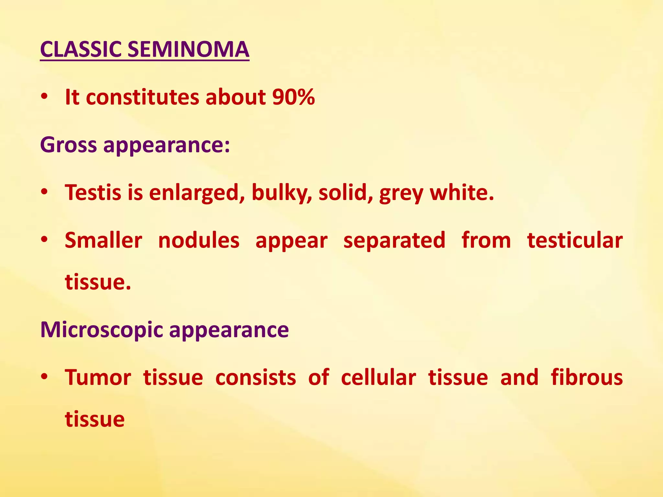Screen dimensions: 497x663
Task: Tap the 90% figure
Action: pos(293,97)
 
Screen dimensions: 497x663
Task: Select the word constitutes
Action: pos(142,97)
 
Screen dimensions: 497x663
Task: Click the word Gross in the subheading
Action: pos(68,145)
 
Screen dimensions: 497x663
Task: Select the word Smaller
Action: pos(103,240)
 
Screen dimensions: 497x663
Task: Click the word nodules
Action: pos(199,240)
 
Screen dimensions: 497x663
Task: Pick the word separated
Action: pos(394,241)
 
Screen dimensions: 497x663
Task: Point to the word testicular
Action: pos(575,240)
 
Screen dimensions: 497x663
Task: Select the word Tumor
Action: pos(98,378)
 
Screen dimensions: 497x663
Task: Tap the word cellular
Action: pos(378,378)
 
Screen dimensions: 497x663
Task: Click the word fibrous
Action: pos(587,378)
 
